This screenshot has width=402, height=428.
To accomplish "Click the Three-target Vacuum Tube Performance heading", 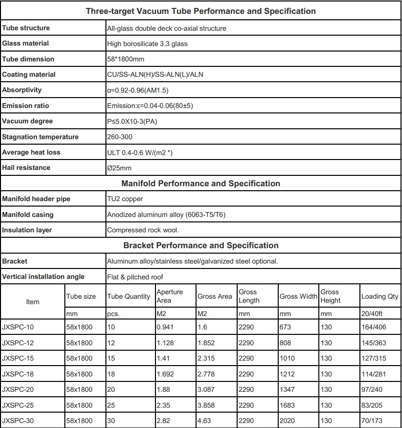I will (x=201, y=11).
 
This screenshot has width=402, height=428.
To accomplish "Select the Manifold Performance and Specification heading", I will (x=201, y=183).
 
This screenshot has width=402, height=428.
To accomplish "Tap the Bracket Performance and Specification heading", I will (x=201, y=245).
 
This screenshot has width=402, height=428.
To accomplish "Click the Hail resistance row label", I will (x=26, y=167).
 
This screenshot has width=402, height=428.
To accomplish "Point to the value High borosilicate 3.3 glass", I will (x=147, y=44).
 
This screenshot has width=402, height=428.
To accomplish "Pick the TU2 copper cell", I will (x=125, y=199).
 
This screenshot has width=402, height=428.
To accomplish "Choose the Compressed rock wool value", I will (x=143, y=230).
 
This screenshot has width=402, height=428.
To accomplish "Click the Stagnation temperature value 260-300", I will (x=120, y=137).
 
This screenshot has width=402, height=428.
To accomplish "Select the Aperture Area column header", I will (x=169, y=296).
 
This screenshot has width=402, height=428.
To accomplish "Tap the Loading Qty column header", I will (x=380, y=296).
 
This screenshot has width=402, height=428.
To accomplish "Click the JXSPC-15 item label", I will (x=18, y=358).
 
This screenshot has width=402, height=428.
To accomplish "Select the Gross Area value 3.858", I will (x=207, y=405).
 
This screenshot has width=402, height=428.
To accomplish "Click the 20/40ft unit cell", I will (x=372, y=314).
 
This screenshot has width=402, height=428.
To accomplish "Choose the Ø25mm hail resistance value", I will (x=119, y=168).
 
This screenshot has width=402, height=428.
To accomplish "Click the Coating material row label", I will (x=29, y=74).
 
